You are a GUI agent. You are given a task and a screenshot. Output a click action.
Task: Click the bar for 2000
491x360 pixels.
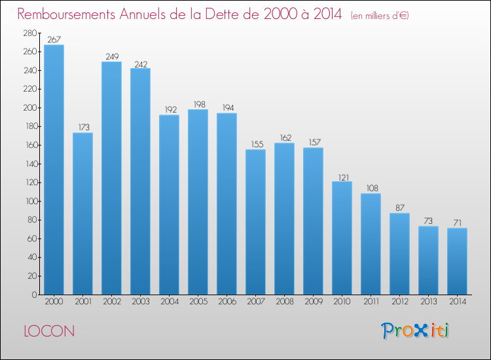pos(54,170)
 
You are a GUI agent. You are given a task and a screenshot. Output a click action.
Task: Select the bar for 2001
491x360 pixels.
pos(82,214)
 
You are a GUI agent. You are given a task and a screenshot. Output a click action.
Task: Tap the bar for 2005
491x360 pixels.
pos(198,202)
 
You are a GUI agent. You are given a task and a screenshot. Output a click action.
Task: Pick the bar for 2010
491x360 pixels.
pos(342,238)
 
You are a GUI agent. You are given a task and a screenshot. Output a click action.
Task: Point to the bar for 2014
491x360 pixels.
pos(457,261)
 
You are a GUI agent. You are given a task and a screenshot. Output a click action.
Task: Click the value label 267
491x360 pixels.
pos(54,39)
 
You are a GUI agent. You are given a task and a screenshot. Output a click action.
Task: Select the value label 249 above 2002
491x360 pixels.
pos(112,56)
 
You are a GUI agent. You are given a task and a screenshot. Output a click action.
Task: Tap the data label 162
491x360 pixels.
pos(285,137)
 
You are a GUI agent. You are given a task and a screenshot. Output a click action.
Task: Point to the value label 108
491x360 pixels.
pos(372,188)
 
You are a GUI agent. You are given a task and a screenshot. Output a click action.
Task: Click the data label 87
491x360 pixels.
pos(400,208)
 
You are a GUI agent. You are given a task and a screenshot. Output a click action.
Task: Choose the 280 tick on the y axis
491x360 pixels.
pos(30,33)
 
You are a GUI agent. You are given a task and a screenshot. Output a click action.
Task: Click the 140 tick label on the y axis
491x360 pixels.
pos(31,164)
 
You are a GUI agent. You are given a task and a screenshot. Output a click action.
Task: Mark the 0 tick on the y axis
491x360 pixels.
pos(35,295)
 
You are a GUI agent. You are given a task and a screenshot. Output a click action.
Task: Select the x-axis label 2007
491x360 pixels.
pos(256,302)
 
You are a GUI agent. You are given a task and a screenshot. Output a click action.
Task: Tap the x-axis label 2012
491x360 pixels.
pos(400,302)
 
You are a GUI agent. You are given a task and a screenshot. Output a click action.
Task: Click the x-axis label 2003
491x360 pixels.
pos(141,302)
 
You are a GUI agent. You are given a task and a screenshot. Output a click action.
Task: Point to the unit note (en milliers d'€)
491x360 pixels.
pos(380,16)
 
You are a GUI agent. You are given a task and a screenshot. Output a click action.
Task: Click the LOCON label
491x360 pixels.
pos(49,331)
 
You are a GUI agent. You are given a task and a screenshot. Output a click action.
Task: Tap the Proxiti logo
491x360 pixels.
pos(415,331)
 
